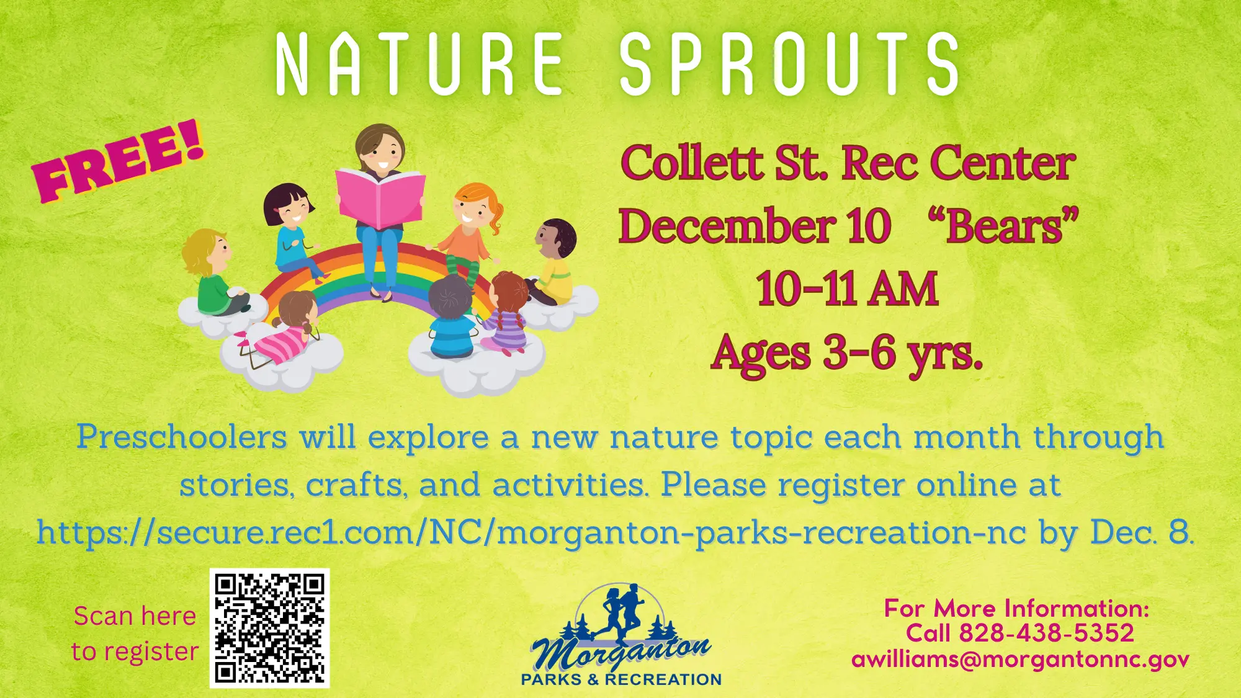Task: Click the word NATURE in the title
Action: click(x=419, y=64)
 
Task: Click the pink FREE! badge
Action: click(x=118, y=161)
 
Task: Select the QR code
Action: click(x=269, y=628)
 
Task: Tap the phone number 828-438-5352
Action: click(x=1046, y=633)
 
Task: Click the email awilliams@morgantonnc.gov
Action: click(x=1020, y=659)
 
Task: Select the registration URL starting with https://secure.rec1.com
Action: click(x=531, y=532)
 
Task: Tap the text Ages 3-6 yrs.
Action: click(x=847, y=354)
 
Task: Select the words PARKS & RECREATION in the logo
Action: click(x=621, y=679)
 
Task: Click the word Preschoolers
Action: click(x=182, y=437)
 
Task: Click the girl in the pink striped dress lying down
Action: click(x=282, y=329)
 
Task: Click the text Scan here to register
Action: click(x=135, y=633)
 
